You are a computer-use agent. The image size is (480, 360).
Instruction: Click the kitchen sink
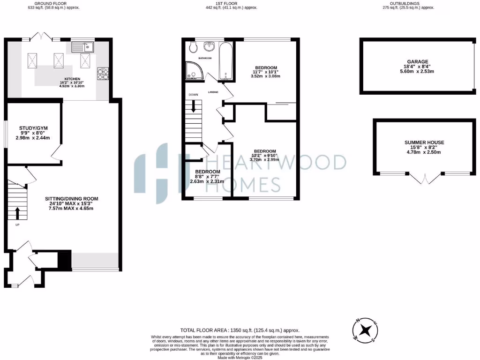(x=82, y=46)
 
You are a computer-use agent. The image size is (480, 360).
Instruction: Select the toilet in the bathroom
(x=193, y=47)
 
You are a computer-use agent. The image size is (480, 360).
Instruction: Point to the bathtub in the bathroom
(x=226, y=61)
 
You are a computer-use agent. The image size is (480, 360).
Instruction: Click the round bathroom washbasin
(x=210, y=46)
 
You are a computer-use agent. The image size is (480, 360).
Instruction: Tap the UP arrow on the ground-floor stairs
(x=18, y=214)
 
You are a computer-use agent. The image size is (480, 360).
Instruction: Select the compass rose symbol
(x=366, y=330)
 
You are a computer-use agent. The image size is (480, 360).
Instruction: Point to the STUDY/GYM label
(x=33, y=128)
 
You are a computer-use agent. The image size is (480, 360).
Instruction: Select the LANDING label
(x=213, y=92)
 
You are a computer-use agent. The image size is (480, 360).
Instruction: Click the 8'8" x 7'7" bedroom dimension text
(x=207, y=177)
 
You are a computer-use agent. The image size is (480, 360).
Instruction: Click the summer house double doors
(x=425, y=179)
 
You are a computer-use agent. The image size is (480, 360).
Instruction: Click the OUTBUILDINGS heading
(x=408, y=3)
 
